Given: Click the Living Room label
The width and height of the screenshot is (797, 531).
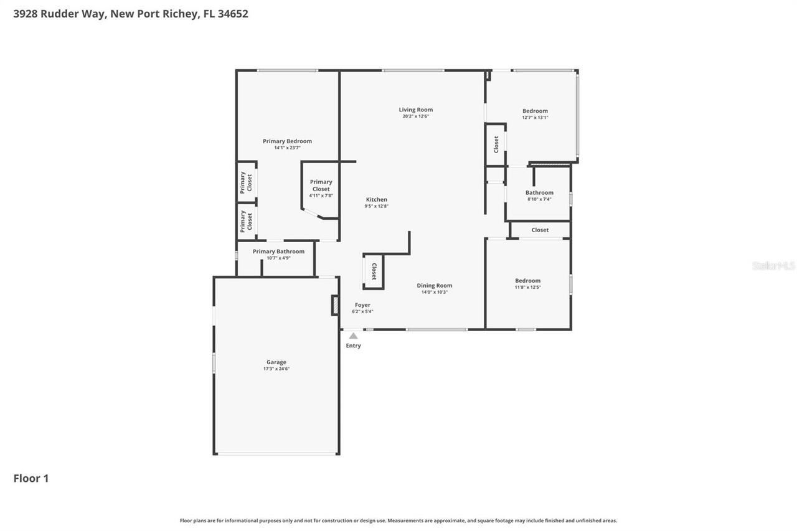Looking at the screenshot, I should tap(415, 110).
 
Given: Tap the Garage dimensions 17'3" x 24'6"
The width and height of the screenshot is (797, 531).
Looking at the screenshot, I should tap(276, 369).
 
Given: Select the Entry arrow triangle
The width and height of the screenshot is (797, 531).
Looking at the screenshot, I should tap(353, 336).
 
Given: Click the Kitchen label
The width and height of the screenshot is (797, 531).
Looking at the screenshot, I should tap(376, 200).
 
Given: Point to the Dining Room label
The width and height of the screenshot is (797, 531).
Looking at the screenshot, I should tap(434, 286).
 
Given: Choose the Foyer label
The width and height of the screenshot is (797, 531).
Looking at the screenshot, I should tap(362, 305).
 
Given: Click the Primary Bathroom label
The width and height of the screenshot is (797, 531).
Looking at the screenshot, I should tap(278, 251).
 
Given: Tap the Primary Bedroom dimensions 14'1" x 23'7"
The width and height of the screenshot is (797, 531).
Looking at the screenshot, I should tap(287, 148).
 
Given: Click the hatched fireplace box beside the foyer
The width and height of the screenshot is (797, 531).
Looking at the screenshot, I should tap(335, 305).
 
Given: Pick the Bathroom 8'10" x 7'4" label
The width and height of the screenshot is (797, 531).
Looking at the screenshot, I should tap(539, 193).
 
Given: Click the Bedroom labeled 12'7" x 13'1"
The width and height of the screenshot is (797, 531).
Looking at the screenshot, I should tap(535, 111).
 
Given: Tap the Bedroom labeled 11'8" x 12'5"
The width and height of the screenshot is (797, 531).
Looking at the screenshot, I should tap(527, 281).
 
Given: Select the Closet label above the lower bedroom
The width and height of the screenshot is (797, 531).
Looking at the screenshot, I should tap(540, 230).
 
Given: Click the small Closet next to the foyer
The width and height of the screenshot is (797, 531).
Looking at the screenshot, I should tap(374, 271).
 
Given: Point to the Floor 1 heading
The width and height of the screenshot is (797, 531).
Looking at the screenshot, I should tap(31, 478).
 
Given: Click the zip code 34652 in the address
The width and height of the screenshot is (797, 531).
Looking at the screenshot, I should tap(233, 14).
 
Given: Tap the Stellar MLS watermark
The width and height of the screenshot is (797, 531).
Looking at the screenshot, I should tap(773, 266).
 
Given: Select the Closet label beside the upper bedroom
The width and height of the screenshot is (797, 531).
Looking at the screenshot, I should tap(496, 144).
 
